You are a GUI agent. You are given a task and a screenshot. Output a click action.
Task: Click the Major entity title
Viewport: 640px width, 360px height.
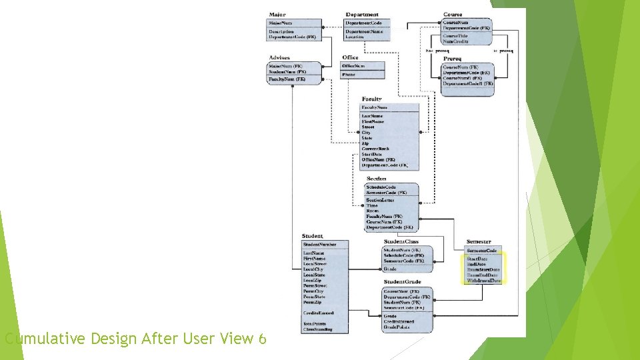(x=277, y=15)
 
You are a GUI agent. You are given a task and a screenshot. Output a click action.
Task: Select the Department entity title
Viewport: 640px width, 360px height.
(x=361, y=15)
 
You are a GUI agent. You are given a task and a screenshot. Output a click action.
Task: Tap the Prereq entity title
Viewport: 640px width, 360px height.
(x=451, y=59)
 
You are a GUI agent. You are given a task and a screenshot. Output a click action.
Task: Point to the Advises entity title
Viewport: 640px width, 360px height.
(x=279, y=58)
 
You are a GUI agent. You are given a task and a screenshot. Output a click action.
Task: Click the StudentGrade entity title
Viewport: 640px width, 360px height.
(x=402, y=282)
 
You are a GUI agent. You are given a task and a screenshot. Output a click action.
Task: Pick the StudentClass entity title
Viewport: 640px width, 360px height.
(x=401, y=241)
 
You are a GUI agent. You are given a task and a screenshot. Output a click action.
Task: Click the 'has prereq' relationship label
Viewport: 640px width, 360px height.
(x=437, y=51)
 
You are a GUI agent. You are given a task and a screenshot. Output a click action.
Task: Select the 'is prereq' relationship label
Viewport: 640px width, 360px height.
(x=503, y=51)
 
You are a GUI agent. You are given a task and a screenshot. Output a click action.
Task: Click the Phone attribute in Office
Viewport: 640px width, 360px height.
(x=349, y=75)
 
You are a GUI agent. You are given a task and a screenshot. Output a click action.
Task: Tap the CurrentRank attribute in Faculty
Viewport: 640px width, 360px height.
(x=375, y=149)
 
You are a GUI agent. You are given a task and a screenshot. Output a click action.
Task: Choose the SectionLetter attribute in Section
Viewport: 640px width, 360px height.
(x=380, y=200)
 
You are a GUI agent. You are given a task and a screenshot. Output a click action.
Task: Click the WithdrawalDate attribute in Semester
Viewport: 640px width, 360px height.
(x=484, y=281)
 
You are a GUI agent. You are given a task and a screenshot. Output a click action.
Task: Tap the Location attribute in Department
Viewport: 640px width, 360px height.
(x=355, y=37)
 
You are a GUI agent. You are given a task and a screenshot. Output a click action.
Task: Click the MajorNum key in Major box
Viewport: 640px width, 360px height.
(x=280, y=23)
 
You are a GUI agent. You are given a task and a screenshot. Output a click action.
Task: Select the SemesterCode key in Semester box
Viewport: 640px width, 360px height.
(x=482, y=251)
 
